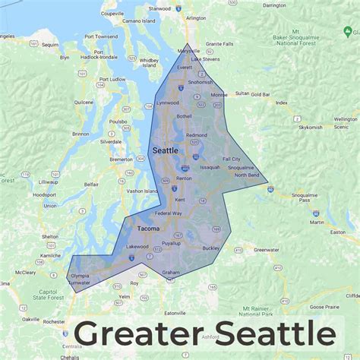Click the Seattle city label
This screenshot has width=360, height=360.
coord(166,150)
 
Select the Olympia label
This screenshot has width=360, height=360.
coord(79,276)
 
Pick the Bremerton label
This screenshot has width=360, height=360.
coord(121,159)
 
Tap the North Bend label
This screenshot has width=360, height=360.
coord(247,175)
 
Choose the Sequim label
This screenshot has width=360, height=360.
coord(50,45)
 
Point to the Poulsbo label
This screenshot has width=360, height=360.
coord(118,121)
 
